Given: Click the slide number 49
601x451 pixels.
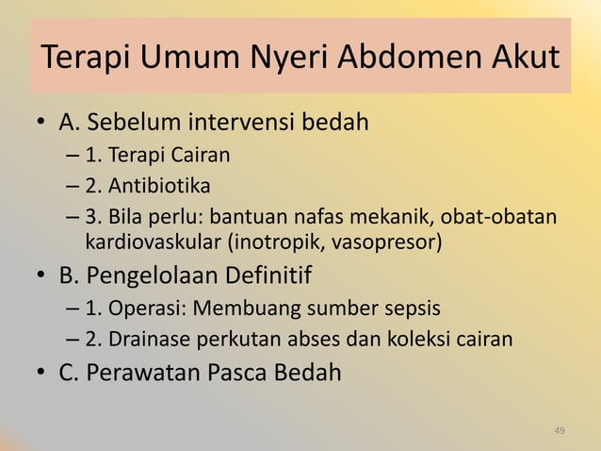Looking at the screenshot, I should tap(560, 431).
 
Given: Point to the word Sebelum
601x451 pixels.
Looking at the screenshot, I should tap(140, 124).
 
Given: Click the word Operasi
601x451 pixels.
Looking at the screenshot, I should tap(142, 309).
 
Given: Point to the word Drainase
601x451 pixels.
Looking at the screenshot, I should tap(149, 337).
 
